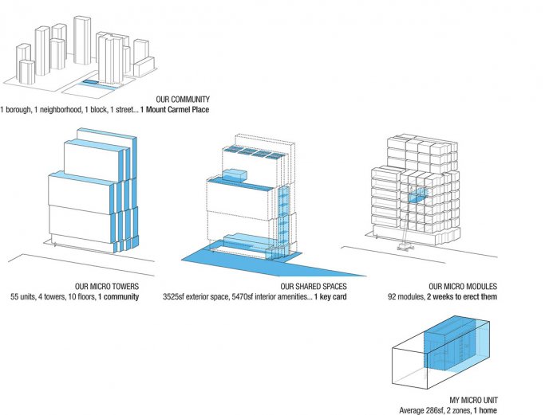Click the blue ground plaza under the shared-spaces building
point(239,260)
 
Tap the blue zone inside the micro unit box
point(454,351)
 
